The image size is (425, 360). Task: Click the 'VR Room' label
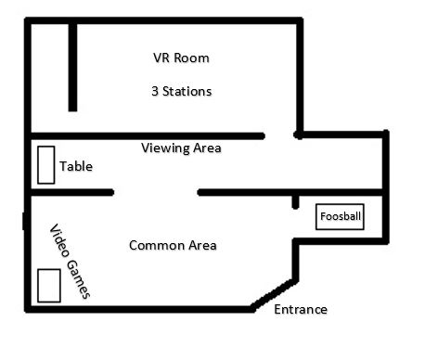tap(181, 58)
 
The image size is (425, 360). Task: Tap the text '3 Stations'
tap(182, 91)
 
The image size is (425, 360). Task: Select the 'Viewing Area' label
tap(181, 148)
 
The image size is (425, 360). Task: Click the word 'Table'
tap(76, 166)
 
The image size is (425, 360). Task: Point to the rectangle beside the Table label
tap(46, 165)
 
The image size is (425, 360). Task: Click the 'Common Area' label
tap(173, 245)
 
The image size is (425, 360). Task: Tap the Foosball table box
tap(340, 216)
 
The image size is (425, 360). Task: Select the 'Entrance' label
tap(301, 309)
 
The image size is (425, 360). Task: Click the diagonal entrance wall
tap(272, 295)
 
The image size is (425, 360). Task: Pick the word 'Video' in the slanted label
tap(59, 240)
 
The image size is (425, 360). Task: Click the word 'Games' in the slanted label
tap(79, 279)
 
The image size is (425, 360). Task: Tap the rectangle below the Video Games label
tap(49, 286)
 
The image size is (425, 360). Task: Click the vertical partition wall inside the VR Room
tap(72, 67)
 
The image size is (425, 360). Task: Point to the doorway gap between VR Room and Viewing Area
tap(279, 135)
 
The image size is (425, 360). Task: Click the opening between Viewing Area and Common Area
tap(156, 192)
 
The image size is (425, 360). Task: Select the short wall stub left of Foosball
tap(295, 202)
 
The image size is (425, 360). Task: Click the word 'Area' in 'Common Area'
tap(202, 245)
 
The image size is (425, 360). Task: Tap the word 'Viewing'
tap(165, 148)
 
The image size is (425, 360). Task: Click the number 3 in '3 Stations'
tap(155, 91)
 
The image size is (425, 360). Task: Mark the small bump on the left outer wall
tap(24, 221)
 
